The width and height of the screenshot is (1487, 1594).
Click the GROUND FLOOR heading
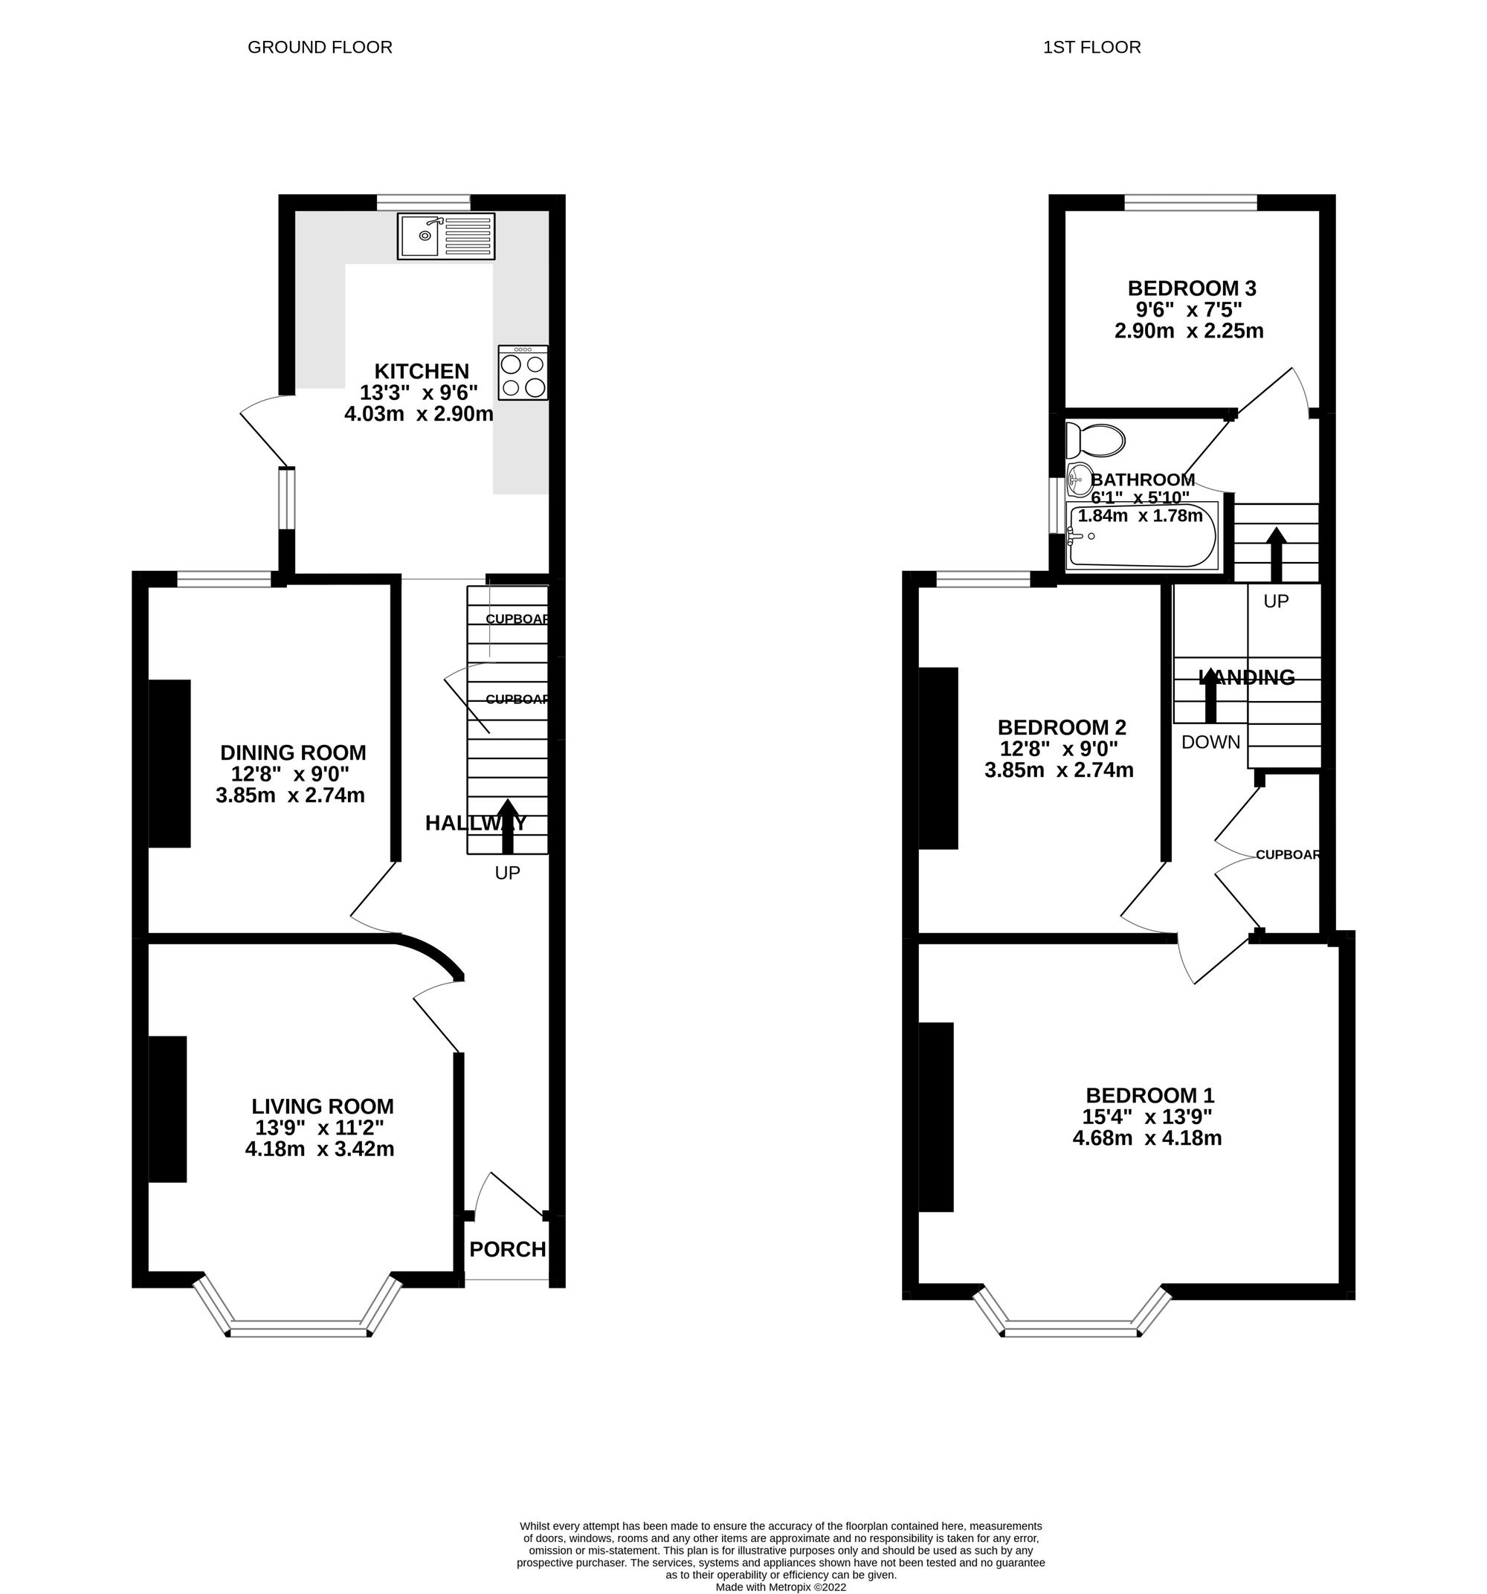[x=319, y=48]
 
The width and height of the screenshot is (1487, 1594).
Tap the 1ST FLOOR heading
[x=1091, y=48]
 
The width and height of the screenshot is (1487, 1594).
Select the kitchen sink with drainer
[x=446, y=236]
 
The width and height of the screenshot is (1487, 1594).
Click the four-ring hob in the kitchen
[x=523, y=372]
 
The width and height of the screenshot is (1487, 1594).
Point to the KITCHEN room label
[x=422, y=371]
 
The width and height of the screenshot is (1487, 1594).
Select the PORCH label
[x=507, y=1249]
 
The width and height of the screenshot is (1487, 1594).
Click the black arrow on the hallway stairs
[x=507, y=826]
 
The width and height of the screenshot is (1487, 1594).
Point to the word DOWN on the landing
[x=1210, y=743]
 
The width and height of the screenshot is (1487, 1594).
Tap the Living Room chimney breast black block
[x=167, y=1109]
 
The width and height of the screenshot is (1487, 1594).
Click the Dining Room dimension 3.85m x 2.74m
[x=291, y=796]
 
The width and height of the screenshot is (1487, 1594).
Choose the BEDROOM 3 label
[x=1191, y=288]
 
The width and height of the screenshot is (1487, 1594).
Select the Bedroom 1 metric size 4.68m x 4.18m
[x=1147, y=1138]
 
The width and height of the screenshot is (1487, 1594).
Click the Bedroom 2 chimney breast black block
[x=938, y=758]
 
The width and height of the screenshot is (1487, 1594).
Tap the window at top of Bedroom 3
[x=1190, y=203]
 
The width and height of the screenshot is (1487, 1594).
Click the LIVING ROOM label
[x=323, y=1106]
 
